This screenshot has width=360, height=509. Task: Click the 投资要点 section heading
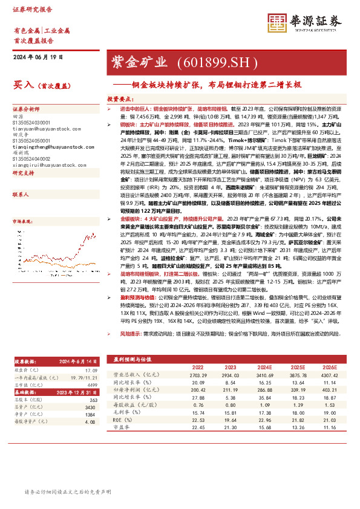pyautogui.click(x=120, y=97)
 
